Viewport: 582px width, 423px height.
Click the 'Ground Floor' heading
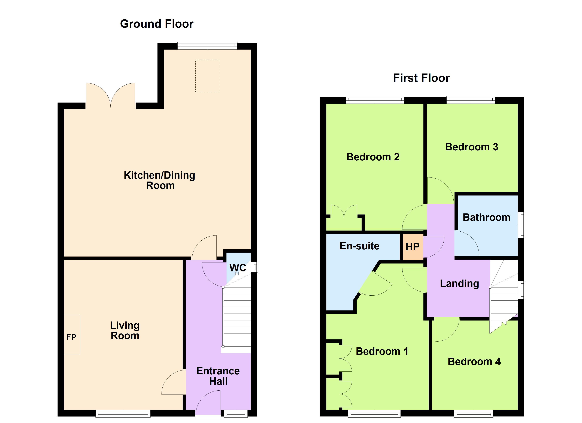coord(157,24)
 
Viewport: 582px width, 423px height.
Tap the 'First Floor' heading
coord(421,78)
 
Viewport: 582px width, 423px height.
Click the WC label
coord(238,268)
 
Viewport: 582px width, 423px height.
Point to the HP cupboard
coord(412,247)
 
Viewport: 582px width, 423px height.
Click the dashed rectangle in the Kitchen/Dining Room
coord(207,76)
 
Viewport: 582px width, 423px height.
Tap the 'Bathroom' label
coord(486,217)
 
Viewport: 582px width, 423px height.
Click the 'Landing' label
coord(459,283)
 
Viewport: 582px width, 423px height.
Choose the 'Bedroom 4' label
coord(474,362)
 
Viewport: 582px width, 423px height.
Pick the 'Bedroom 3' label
coord(471,147)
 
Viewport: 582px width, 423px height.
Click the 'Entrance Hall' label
coord(218,376)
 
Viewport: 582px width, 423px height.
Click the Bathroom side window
coord(521,225)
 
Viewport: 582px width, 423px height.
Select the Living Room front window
coord(123,413)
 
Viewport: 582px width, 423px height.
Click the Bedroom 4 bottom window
coord(474,413)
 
